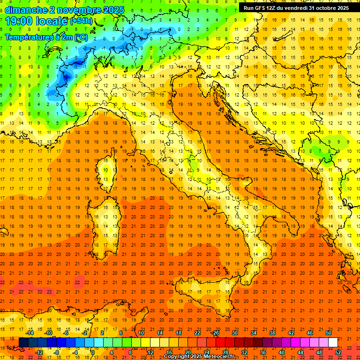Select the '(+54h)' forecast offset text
coord(81,21)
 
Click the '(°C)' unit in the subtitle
coord(80,37)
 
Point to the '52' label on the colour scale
coord(338,352)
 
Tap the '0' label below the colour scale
coord(93,352)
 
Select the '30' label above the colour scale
coord(234,333)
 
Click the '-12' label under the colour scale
coord(39,352)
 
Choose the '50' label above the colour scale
coord(329,333)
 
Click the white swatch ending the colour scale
coord(333,343)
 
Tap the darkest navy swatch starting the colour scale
coord(23,343)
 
